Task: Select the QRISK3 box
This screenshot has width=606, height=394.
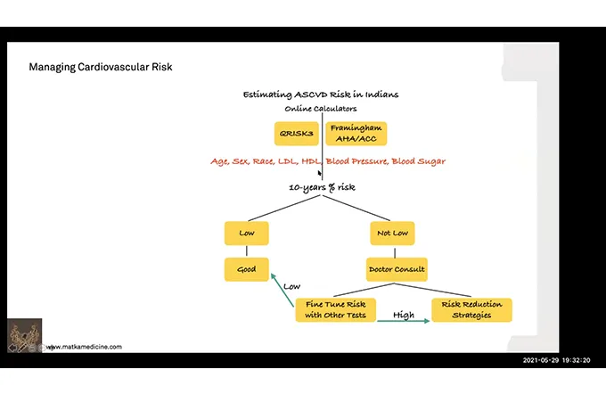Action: (x=296, y=134)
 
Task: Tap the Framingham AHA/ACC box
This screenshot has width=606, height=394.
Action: (x=356, y=134)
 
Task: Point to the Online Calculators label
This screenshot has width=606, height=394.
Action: (x=320, y=109)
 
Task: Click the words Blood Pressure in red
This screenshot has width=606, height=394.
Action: (x=356, y=161)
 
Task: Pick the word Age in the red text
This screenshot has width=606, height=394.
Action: (x=219, y=161)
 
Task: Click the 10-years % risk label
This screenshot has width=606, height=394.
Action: (x=323, y=188)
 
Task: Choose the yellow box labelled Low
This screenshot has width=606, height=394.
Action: (x=247, y=233)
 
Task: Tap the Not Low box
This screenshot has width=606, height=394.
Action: (x=392, y=233)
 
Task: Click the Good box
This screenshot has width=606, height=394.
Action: (x=247, y=268)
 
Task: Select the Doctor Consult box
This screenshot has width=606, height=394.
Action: (x=396, y=268)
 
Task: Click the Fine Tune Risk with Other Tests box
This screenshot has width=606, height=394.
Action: (x=332, y=309)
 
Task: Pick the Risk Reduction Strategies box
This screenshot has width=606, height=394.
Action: (x=471, y=309)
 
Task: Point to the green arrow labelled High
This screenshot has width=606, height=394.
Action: (x=403, y=319)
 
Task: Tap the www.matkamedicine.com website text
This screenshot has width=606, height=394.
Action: (x=85, y=347)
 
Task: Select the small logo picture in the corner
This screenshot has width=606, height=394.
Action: (x=24, y=335)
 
